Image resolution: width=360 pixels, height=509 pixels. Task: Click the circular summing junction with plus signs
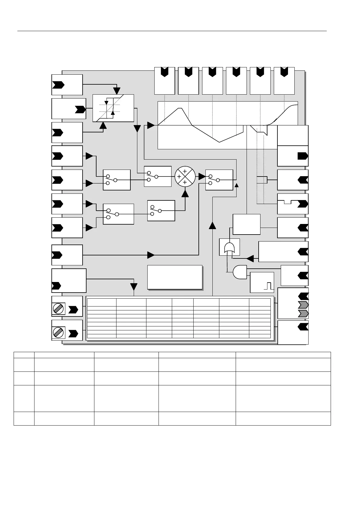click(x=185, y=177)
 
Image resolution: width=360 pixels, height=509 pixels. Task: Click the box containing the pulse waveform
click(x=262, y=282)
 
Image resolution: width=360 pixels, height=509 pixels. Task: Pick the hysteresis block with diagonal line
click(x=113, y=108)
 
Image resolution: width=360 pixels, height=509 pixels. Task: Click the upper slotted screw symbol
click(x=58, y=309)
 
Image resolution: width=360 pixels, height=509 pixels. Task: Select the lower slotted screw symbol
click(x=58, y=332)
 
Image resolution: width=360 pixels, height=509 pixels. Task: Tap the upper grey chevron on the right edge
click(x=303, y=304)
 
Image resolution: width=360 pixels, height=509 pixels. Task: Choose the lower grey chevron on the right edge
click(x=303, y=313)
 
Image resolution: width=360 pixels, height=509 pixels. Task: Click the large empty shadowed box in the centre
click(x=175, y=277)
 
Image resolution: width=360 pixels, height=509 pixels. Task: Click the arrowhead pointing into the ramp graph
click(x=151, y=125)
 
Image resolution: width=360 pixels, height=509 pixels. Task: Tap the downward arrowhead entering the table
click(x=134, y=287)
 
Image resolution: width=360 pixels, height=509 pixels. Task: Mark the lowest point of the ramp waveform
click(x=220, y=142)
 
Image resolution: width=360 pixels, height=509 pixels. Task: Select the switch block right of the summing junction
click(x=219, y=180)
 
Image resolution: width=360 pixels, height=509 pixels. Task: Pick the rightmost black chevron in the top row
click(x=284, y=72)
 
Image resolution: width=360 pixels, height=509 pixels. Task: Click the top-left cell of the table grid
click(x=102, y=302)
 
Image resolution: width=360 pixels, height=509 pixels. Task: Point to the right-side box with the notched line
click(x=293, y=203)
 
